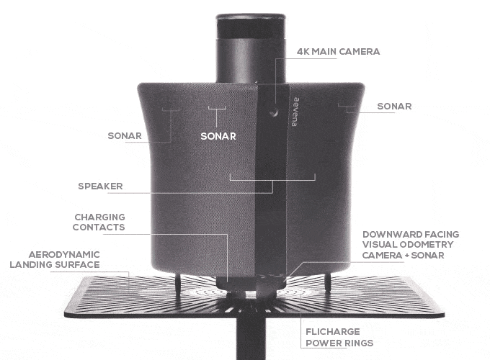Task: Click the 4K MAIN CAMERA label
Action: pyautogui.click(x=339, y=52)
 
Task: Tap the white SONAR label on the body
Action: pyautogui.click(x=218, y=136)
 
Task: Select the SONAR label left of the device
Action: pyautogui.click(x=125, y=136)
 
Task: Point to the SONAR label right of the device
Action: pyautogui.click(x=394, y=106)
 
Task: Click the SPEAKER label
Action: pyautogui.click(x=100, y=186)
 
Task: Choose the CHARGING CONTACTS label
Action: pyautogui.click(x=99, y=222)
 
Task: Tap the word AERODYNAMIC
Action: pyautogui.click(x=64, y=254)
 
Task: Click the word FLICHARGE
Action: pyautogui.click(x=333, y=332)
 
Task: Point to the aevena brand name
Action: pyautogui.click(x=295, y=112)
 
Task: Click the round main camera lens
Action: pyautogui.click(x=274, y=112)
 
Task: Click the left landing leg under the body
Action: pyautogui.click(x=178, y=284)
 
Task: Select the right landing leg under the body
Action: pyautogui.click(x=328, y=282)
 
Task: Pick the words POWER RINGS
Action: pyautogui.click(x=339, y=343)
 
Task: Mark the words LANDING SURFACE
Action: pyautogui.click(x=55, y=265)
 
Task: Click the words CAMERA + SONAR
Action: pyautogui.click(x=403, y=255)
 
